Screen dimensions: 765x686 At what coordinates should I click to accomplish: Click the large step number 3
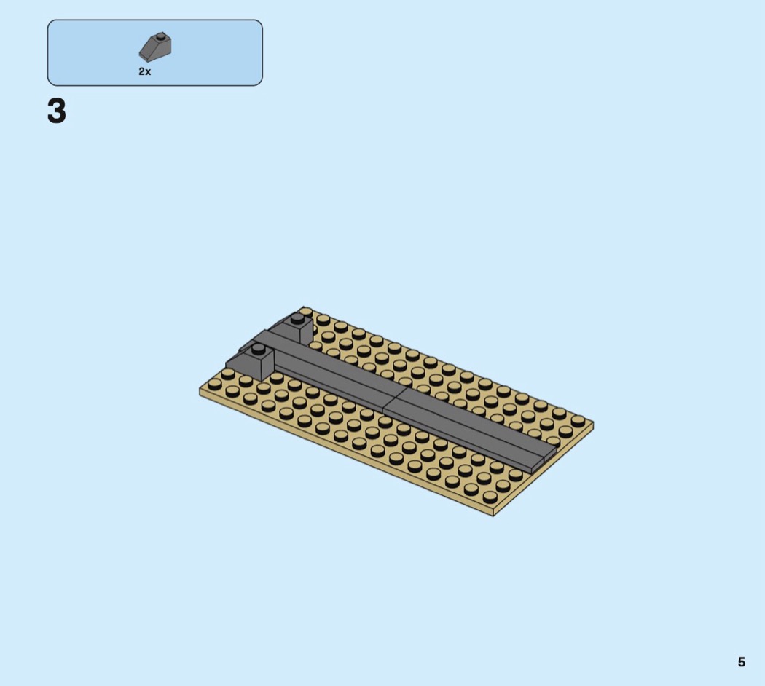pos(57,111)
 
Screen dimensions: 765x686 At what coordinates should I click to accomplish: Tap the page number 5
pos(742,662)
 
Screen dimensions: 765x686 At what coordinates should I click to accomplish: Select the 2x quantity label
pos(145,71)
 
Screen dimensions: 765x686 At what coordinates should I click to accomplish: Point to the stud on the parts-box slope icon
pos(160,36)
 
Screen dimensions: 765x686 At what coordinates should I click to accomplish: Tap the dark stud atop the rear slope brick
pos(297,318)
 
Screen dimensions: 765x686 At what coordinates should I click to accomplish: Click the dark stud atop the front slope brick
pos(258,348)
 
